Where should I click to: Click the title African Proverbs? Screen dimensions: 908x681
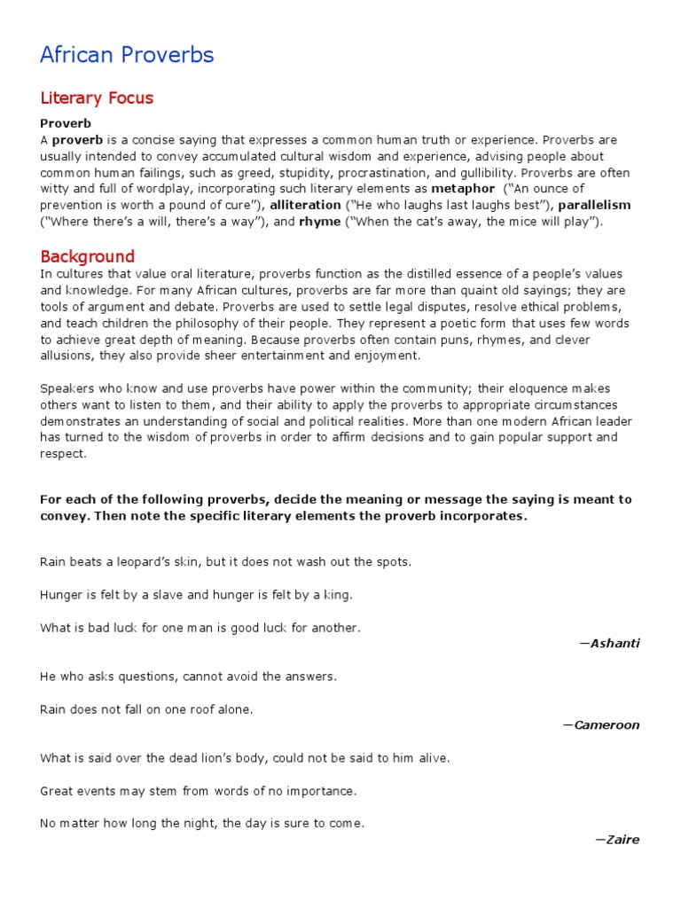(x=127, y=55)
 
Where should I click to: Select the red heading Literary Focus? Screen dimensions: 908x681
(x=97, y=98)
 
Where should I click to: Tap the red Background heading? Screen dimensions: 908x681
(x=87, y=256)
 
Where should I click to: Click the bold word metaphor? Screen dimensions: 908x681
(x=463, y=189)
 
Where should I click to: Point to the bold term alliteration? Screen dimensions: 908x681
(x=305, y=205)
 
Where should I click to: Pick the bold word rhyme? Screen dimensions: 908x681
(x=320, y=222)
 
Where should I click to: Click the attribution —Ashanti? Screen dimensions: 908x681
(x=608, y=643)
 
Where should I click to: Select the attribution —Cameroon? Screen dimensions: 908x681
(x=600, y=724)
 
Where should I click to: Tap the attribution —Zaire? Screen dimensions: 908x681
(x=617, y=839)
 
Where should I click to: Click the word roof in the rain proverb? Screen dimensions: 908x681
(x=207, y=709)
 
